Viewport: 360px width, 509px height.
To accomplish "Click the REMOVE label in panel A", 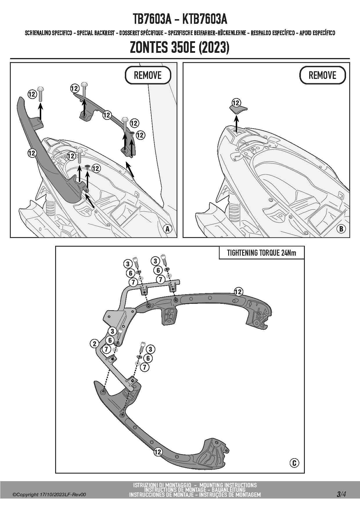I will (148, 75).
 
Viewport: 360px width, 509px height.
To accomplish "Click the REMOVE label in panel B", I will (322, 75).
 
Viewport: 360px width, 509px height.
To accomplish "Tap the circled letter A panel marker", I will (168, 229).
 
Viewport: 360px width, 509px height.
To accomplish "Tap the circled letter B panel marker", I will (341, 229).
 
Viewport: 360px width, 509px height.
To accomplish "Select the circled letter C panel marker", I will (294, 463).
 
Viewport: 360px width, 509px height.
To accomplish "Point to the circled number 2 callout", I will (94, 344).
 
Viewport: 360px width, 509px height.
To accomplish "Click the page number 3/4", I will (341, 494).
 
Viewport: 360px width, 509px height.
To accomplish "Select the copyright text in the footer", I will (49, 495).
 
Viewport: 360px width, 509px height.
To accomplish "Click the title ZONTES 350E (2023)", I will (180, 48).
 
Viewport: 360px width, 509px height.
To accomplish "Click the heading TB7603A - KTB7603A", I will (180, 19).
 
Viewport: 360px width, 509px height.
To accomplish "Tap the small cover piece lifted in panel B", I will (238, 109).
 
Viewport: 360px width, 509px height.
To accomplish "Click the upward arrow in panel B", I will (237, 123).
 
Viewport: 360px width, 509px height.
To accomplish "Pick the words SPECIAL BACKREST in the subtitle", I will (96, 33).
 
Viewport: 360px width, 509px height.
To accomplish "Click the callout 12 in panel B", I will (236, 103).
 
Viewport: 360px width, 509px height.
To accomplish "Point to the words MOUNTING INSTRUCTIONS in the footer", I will (228, 485).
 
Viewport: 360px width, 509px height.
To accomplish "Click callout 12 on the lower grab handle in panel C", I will (158, 452).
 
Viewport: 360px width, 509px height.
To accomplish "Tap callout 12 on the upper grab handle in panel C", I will (238, 292).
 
